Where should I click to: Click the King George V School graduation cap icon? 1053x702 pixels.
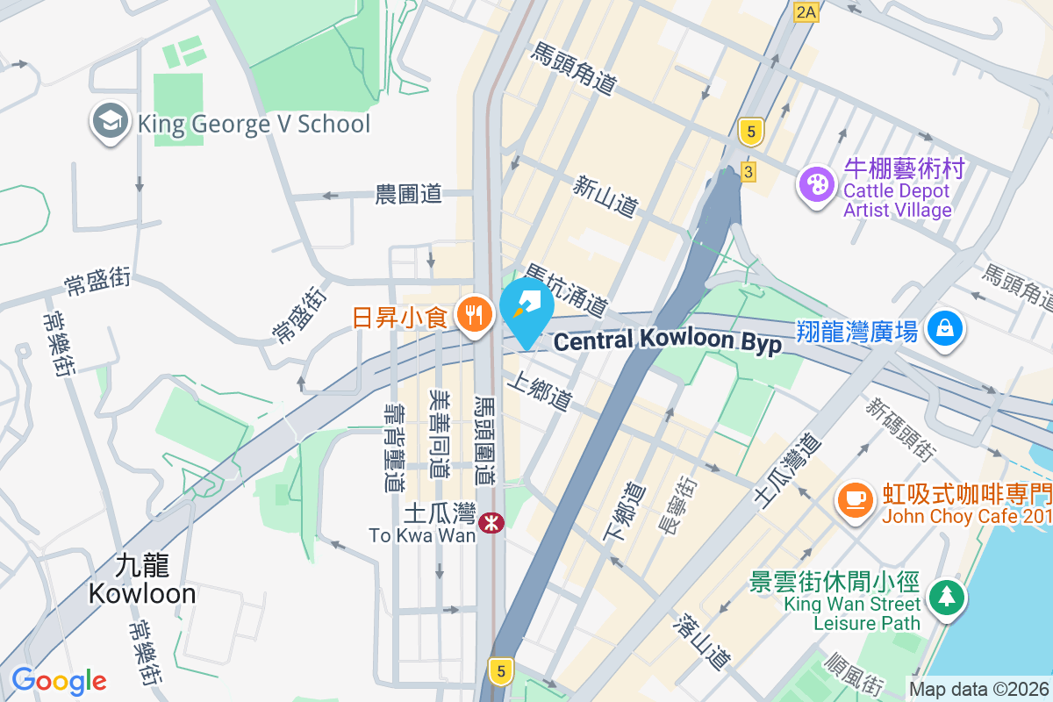[x=111, y=124]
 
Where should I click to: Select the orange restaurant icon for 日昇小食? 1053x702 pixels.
[x=476, y=316]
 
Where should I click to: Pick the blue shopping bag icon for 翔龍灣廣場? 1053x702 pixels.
[x=944, y=330]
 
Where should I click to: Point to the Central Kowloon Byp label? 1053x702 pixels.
[x=668, y=341]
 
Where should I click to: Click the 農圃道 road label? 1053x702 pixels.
[x=408, y=194]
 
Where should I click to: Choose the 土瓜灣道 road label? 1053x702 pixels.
[x=786, y=469]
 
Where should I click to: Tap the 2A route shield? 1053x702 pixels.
[x=806, y=11]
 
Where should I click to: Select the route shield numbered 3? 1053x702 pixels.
[x=748, y=172]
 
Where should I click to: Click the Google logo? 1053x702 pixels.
[x=59, y=680]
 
